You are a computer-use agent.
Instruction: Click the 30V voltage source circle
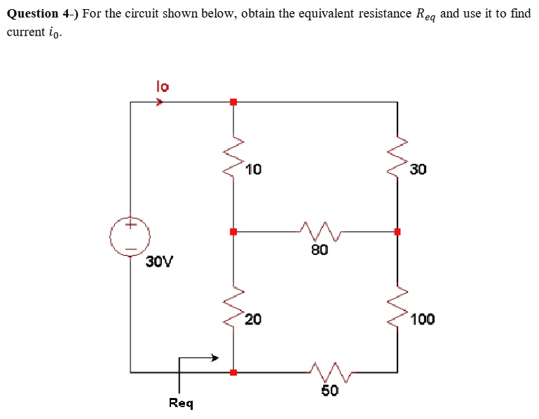tap(130, 236)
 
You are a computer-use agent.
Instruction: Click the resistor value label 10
tap(254, 169)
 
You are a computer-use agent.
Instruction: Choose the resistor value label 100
tap(423, 320)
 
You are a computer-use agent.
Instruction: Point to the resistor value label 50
tap(329, 390)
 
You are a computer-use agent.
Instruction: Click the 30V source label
tap(160, 262)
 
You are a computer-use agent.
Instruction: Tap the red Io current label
tap(162, 87)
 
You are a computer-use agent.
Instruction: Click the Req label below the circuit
tap(181, 403)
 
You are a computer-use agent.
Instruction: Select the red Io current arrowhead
tap(161, 102)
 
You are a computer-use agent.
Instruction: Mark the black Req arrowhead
tap(215, 358)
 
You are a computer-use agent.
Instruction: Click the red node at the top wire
tap(233, 102)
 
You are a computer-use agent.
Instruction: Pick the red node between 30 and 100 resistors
tap(397, 231)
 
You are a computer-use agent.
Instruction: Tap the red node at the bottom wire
tap(233, 371)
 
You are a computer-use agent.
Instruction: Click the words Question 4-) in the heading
tap(42, 14)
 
